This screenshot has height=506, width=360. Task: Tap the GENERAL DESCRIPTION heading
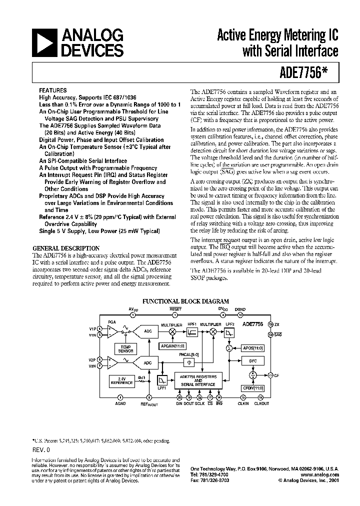[65, 248]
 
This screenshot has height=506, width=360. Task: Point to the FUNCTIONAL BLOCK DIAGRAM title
[186, 301]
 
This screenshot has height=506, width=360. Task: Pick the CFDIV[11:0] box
[252, 387]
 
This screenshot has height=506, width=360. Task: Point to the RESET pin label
[175, 309]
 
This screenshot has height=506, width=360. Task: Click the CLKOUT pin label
[262, 403]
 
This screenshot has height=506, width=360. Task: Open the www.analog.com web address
[320, 475]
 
